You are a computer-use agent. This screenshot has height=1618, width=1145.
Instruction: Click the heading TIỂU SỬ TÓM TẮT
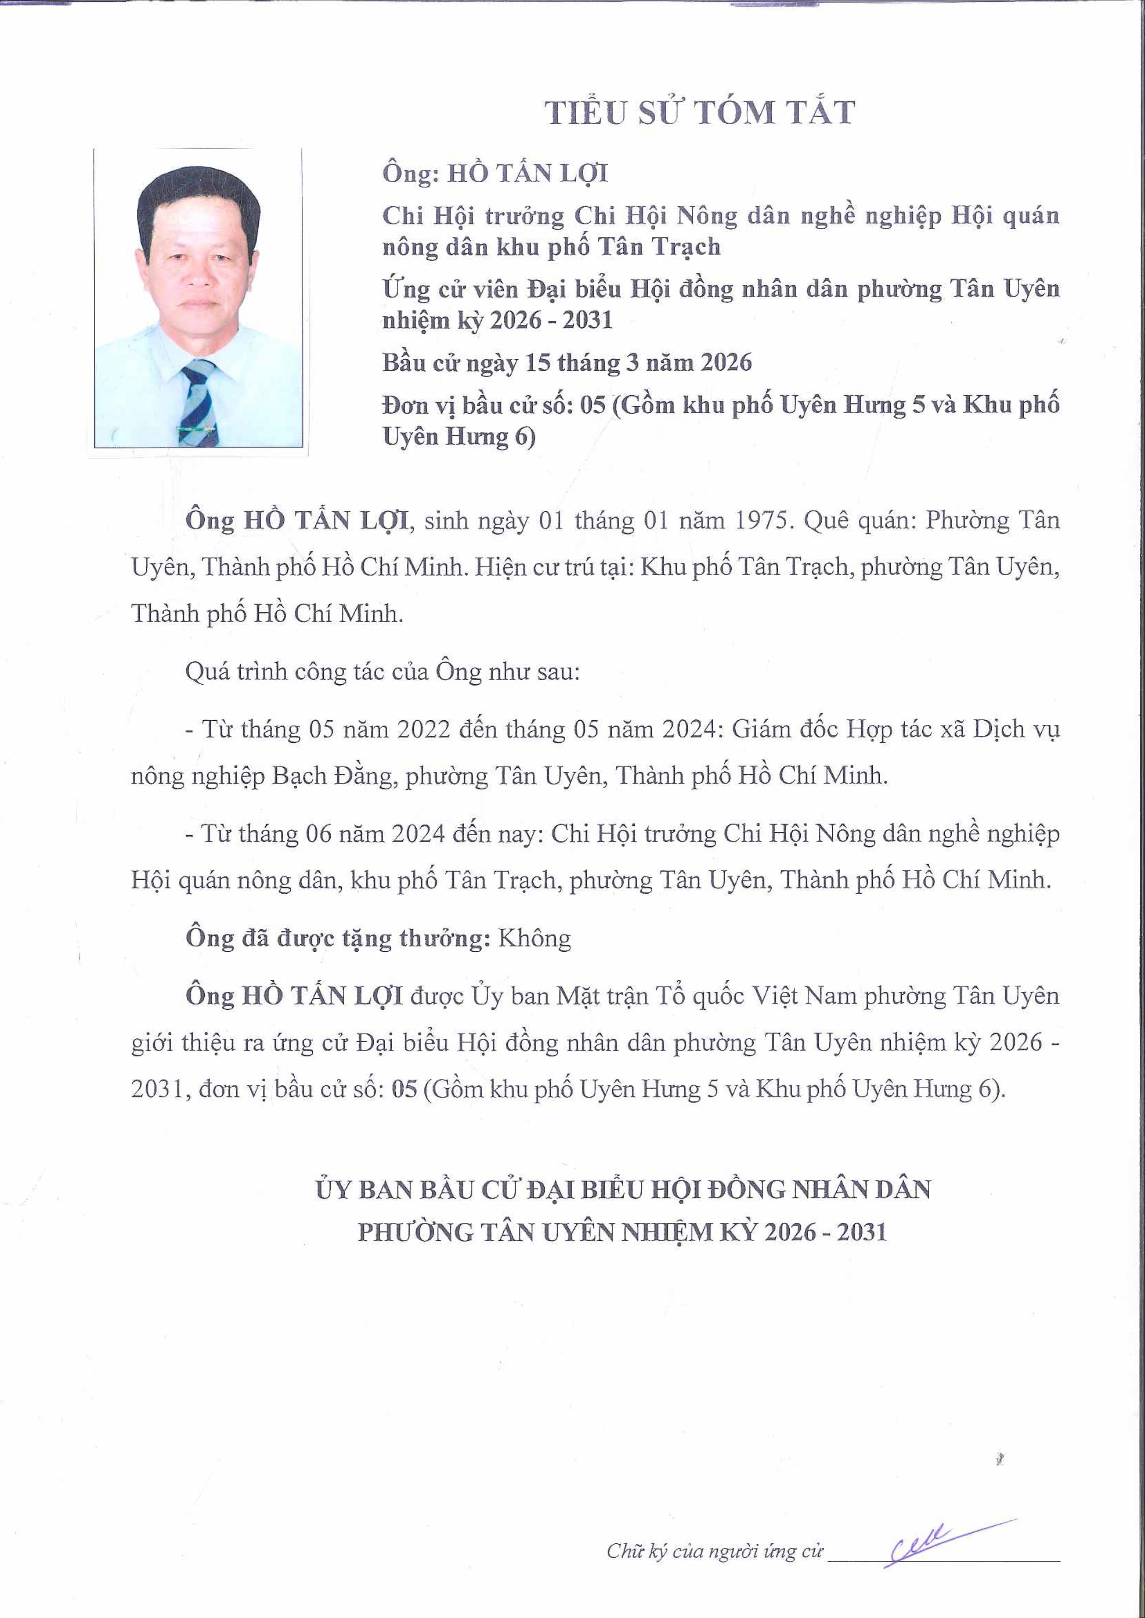(700, 113)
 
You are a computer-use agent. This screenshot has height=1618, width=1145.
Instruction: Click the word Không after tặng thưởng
(534, 939)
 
